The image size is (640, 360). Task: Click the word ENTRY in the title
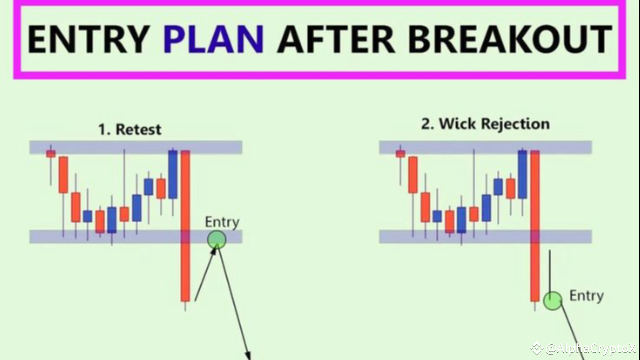click(89, 39)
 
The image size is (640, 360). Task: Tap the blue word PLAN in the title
click(213, 39)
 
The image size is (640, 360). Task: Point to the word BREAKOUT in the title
click(510, 39)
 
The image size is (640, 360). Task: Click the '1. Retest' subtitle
click(130, 129)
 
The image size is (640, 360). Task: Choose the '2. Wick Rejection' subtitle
click(485, 124)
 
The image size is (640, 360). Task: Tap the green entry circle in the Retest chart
click(217, 240)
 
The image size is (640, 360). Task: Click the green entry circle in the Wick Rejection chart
click(553, 301)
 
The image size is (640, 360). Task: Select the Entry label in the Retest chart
click(222, 222)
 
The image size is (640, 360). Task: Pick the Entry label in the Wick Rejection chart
click(587, 296)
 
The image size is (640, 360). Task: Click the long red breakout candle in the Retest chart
click(185, 226)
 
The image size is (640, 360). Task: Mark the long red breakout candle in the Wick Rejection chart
click(535, 226)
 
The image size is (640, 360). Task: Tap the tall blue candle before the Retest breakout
click(173, 174)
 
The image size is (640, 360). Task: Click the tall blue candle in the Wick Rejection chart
click(522, 174)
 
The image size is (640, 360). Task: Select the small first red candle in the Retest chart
click(51, 154)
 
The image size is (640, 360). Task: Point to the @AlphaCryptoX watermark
click(583, 349)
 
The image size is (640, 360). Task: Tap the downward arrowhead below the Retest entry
click(248, 355)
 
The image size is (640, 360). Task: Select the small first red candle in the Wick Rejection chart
click(400, 154)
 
